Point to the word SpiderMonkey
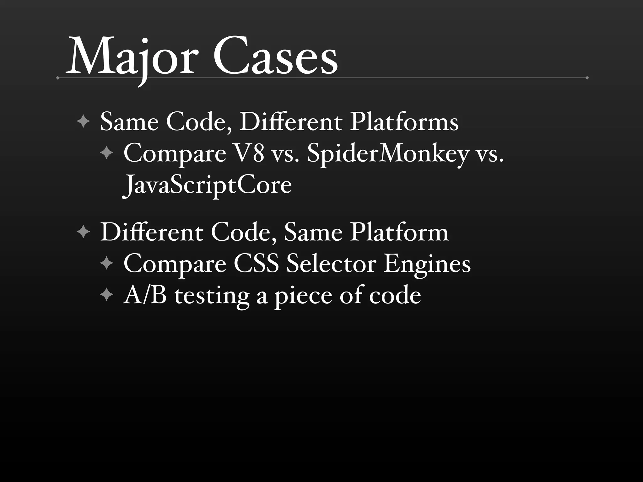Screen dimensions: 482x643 point(388,154)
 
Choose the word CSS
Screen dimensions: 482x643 point(256,264)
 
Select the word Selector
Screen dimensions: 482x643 point(331,264)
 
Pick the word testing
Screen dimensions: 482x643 point(212,296)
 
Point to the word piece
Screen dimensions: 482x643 point(303,296)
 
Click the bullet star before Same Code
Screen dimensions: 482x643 point(83,122)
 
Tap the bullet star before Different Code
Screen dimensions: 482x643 point(83,233)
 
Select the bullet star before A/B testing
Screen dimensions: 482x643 point(107,295)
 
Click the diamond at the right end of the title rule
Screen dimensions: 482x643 point(587,78)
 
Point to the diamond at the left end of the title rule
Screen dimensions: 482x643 point(57,78)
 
